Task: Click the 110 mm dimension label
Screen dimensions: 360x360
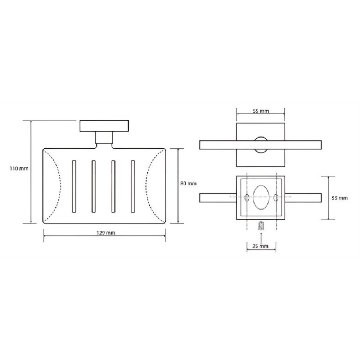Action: pos(19,168)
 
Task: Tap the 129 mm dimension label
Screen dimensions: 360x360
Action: pos(106,233)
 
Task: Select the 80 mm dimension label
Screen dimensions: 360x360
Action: pos(188,184)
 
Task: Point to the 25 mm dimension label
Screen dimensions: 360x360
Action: pos(260,246)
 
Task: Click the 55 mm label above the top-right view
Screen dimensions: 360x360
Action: pos(261,111)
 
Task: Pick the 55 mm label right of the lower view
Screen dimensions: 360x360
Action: pos(340,198)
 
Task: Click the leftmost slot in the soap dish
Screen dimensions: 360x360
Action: pos(74,186)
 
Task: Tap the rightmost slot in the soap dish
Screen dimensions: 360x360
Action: pos(133,186)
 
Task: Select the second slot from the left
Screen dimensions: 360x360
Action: pos(94,186)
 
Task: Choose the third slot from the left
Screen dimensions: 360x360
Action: pos(113,186)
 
